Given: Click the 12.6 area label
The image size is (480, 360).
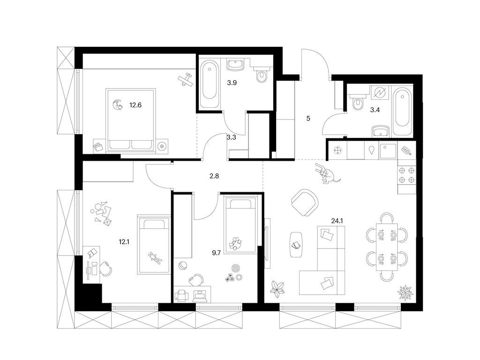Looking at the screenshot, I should pos(135,105).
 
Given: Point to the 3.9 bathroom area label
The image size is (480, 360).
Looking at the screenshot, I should pos(232,82).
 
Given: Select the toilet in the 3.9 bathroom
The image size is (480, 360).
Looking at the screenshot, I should pos(262,75).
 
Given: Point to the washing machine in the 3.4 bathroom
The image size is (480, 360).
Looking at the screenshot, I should pos(378,93).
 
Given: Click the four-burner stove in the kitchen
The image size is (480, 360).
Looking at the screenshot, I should pos(407,174).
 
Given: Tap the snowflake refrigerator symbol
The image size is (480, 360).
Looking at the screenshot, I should pos(337,150).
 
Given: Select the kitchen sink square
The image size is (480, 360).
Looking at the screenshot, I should pos(388,150).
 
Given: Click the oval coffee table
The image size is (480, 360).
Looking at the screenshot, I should pos(296,243).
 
